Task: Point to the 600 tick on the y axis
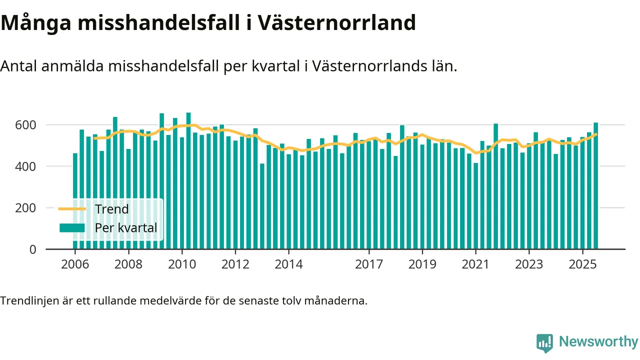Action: (26, 124)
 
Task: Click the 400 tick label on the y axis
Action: (26, 166)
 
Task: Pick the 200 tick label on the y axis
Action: (26, 207)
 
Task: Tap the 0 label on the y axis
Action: (33, 249)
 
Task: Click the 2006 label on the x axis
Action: (74, 263)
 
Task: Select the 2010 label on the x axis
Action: (181, 263)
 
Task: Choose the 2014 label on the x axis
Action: (288, 263)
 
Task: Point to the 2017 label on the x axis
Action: (369, 263)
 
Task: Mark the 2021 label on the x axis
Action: (475, 263)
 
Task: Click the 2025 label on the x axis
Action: (582, 263)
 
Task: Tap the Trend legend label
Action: (111, 209)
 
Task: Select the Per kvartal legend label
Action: (126, 228)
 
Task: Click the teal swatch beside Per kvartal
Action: (72, 228)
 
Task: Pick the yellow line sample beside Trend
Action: (72, 209)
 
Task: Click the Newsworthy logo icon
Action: (544, 342)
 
